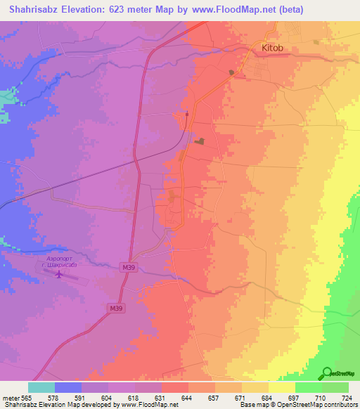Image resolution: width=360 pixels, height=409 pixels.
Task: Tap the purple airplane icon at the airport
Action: pos(58,274)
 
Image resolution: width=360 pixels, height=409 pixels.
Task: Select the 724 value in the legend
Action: pos(346,398)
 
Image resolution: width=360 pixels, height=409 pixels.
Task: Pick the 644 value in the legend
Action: pos(188,398)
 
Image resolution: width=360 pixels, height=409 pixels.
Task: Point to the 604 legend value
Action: pos(108,398)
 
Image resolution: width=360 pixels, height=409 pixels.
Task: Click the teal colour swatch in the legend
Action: pos(41,387)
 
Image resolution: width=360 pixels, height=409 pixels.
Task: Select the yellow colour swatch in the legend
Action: pos(281,387)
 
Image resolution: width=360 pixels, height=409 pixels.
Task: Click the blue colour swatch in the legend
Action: pos(68,387)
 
